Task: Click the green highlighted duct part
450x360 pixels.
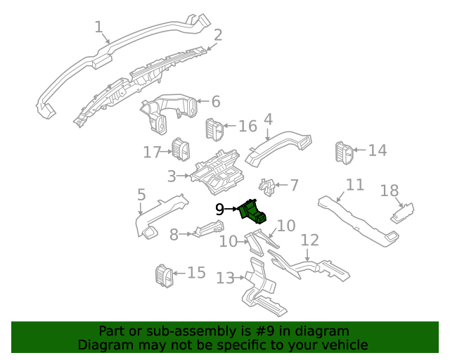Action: [x=254, y=211]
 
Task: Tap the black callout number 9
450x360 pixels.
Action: [x=219, y=210]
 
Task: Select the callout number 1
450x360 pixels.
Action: [x=99, y=27]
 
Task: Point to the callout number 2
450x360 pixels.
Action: [x=218, y=35]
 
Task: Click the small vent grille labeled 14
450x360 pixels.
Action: [x=344, y=153]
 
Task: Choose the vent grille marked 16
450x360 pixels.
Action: [x=214, y=129]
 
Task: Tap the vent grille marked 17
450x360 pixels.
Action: [x=181, y=150]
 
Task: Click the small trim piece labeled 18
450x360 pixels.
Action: [x=404, y=212]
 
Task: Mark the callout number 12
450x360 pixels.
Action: [x=310, y=240]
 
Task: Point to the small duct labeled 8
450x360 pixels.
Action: [x=208, y=229]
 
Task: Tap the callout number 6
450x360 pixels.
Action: [x=215, y=101]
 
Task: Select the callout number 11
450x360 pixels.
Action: [x=355, y=185]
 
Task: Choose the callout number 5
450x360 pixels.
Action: [x=141, y=194]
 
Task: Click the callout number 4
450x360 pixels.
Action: [x=268, y=120]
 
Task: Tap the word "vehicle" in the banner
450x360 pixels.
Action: [x=344, y=345]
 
